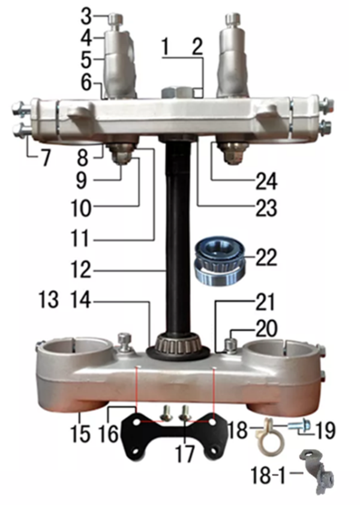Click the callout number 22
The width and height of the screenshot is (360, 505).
[266, 257]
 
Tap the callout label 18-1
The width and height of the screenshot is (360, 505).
[268, 474]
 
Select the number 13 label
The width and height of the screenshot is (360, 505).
[49, 299]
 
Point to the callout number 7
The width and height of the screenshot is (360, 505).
[44, 158]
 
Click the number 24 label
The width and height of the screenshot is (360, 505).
[266, 181]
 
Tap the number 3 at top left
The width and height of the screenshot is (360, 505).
[86, 16]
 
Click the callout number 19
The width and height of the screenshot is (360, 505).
[325, 430]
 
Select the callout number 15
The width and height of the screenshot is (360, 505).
[80, 433]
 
